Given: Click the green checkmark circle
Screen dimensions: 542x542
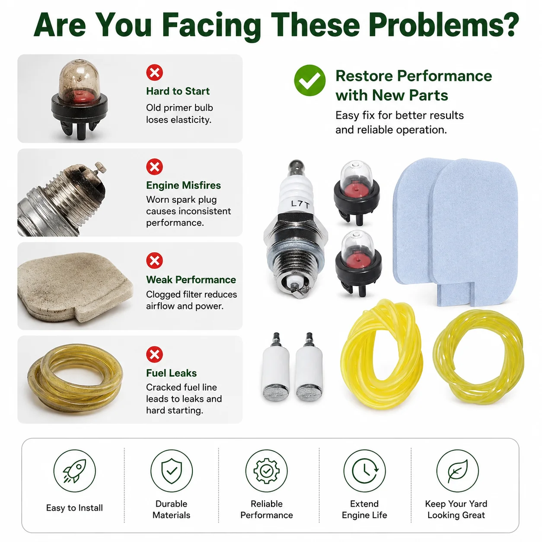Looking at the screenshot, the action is point(309,80).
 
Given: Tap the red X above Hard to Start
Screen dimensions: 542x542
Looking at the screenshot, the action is point(154,73).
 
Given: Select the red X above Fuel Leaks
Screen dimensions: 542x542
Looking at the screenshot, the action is point(154,354).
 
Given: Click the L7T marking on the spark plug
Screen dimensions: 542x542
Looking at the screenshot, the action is point(300,204).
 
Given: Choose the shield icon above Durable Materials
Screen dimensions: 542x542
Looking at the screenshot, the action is point(172,471).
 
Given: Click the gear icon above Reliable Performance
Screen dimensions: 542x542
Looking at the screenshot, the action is point(266,471).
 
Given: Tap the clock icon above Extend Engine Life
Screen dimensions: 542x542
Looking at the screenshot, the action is point(364,471).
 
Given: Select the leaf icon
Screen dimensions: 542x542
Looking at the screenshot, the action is point(457,471).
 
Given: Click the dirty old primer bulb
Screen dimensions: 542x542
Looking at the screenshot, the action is point(80,99).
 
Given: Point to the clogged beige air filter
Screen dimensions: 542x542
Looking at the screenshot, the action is point(74,287).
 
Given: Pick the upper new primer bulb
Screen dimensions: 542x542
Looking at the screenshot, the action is point(357,193).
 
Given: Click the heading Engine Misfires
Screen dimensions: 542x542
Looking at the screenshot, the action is point(183,185).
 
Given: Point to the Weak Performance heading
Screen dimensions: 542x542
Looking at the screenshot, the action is point(191,280).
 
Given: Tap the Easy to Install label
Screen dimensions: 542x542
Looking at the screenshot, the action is point(74,508).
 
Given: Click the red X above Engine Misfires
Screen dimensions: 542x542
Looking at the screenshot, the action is point(154,167).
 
